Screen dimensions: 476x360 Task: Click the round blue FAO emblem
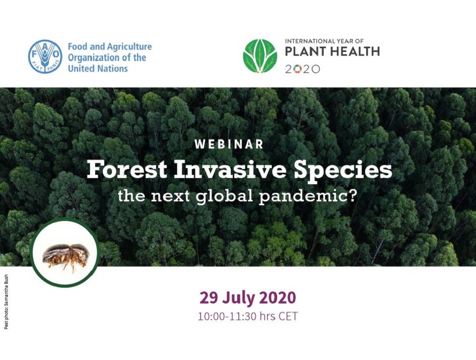click(45, 57)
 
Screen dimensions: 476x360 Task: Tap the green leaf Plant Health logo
click(260, 56)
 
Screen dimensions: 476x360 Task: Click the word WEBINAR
click(229, 144)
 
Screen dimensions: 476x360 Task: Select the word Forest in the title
click(127, 170)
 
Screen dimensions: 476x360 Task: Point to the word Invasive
click(230, 170)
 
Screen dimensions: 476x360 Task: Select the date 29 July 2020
click(248, 298)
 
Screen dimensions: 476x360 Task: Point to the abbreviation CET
click(288, 316)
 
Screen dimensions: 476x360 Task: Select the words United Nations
click(98, 69)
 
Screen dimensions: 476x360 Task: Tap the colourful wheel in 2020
click(298, 69)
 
